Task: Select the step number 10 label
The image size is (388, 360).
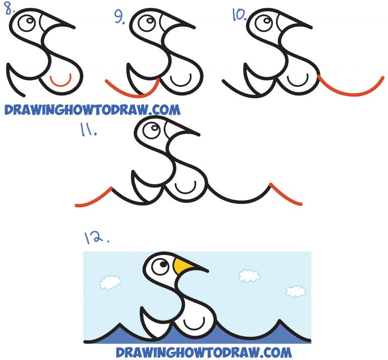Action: click(238, 15)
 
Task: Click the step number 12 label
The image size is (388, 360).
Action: click(95, 236)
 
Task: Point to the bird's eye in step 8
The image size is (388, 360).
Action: click(28, 22)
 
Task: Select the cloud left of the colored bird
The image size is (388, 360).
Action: click(110, 282)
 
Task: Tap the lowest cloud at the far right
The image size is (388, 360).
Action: click(296, 291)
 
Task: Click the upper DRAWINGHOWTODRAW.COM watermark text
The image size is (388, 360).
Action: click(91, 109)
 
